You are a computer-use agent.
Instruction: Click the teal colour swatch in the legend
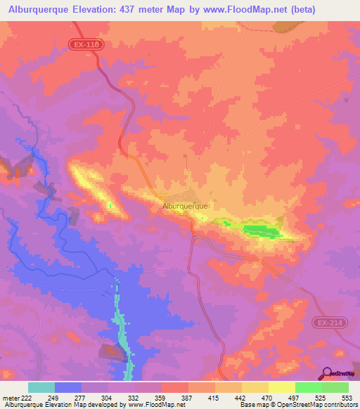click(x=41, y=387)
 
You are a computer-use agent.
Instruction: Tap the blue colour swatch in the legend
click(x=68, y=387)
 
